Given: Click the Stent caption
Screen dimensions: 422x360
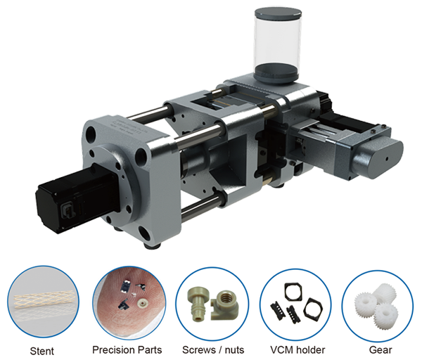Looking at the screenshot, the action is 41,351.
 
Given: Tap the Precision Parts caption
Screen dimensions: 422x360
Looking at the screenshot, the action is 127,349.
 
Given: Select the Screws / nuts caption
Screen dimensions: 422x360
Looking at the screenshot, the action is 213,349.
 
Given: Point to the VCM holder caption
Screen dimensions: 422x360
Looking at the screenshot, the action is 298,349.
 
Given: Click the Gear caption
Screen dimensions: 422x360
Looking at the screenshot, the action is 381,349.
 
